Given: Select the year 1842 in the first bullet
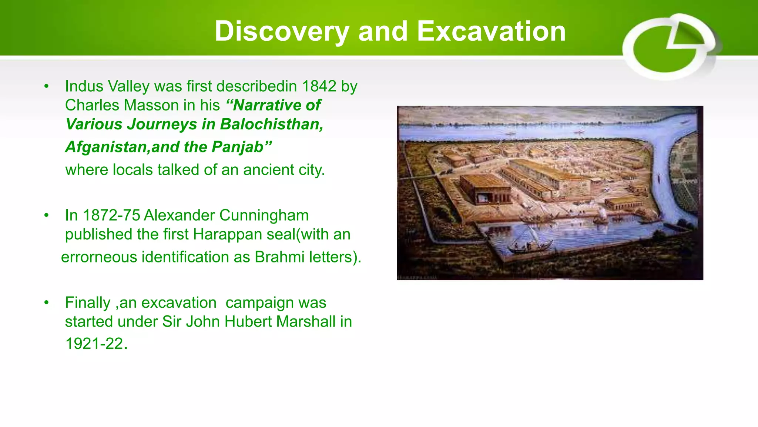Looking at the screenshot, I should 319,86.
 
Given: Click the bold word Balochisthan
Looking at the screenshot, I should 272,124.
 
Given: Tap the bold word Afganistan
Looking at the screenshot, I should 107,147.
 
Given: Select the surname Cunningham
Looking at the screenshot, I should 264,215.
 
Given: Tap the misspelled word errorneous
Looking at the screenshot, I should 99,257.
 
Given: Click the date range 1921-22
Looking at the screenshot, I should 94,344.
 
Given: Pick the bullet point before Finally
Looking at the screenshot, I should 46,303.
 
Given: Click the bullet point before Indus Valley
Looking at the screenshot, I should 46,86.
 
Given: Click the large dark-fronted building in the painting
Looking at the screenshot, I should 485,190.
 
